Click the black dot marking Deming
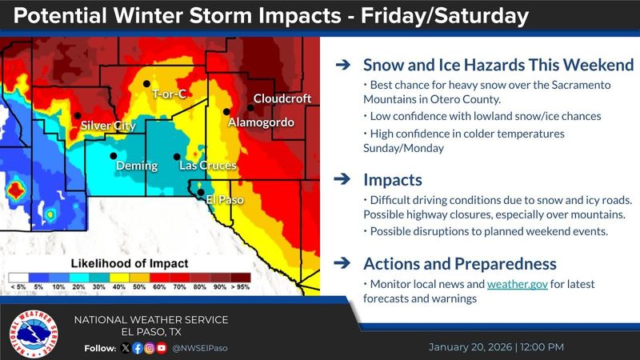(114, 155)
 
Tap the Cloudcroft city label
(282, 98)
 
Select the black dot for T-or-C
(146, 84)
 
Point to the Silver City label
(108, 126)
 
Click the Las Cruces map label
(208, 166)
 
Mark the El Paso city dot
(201, 192)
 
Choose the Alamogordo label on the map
(261, 122)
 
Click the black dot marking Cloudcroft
(250, 108)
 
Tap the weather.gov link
(517, 284)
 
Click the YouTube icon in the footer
(162, 348)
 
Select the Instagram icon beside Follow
(150, 348)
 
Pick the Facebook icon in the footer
(138, 348)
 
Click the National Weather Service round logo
(34, 334)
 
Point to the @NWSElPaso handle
(200, 348)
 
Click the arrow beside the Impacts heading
(342, 178)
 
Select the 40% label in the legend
(118, 287)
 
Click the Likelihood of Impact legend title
(130, 264)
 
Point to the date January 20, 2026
(470, 347)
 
